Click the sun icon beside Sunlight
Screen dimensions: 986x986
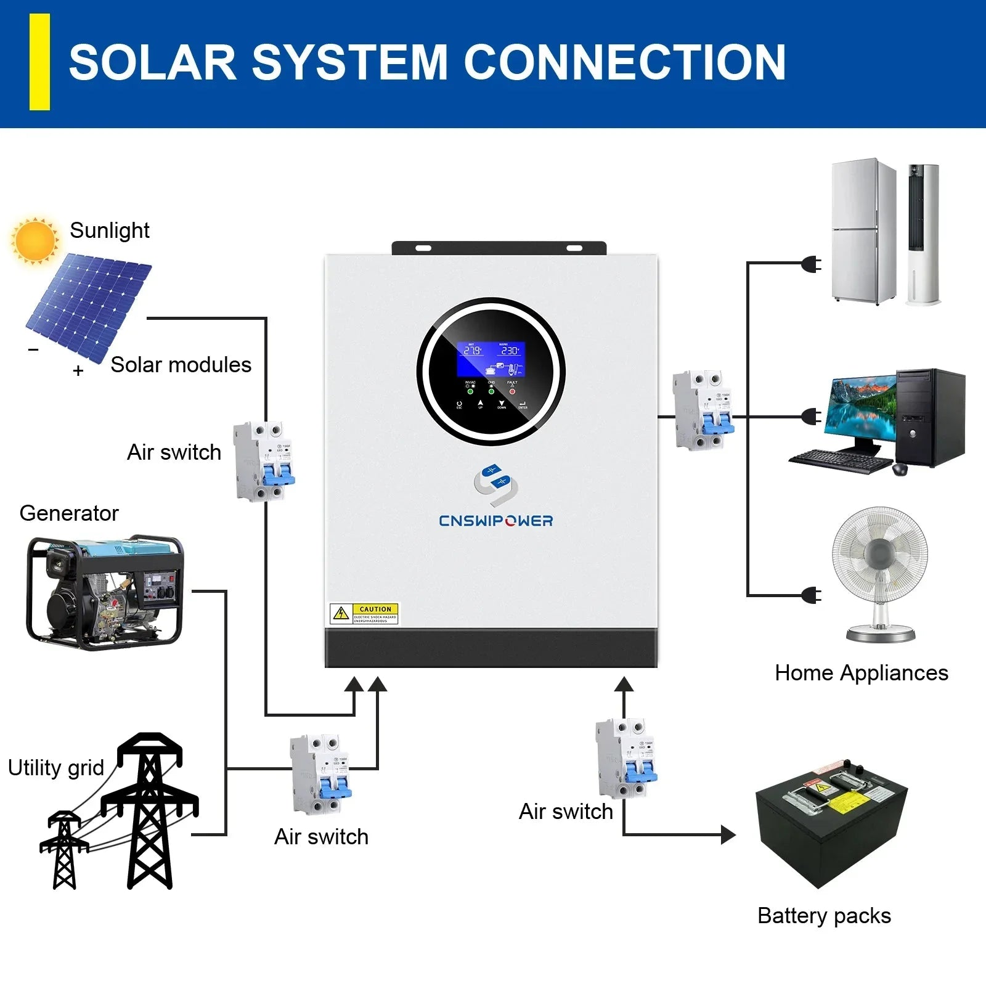(35, 240)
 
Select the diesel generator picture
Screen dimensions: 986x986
(105, 592)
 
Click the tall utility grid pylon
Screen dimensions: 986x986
(150, 810)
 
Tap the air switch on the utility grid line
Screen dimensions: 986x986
(320, 774)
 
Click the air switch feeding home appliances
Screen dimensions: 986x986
(703, 410)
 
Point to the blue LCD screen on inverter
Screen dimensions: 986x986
(491, 359)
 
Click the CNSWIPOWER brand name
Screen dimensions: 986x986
(495, 521)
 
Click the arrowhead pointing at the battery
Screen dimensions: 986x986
(728, 835)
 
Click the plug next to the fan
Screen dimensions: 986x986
(812, 595)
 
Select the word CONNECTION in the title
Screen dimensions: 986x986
(624, 62)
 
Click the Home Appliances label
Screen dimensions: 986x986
(861, 673)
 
